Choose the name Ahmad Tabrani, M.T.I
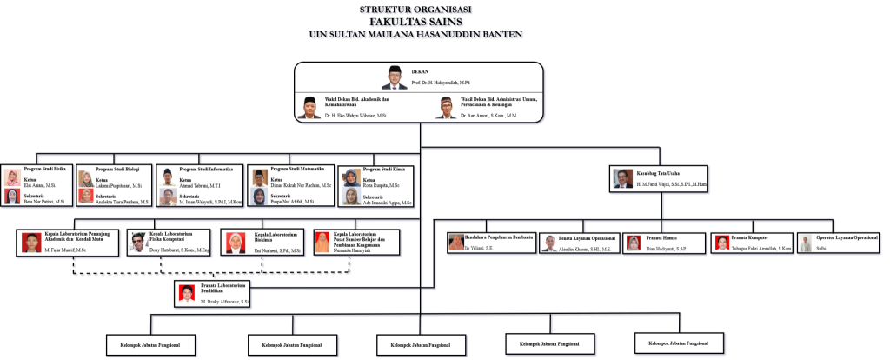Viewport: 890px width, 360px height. tap(200, 185)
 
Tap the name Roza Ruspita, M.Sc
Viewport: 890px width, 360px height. tap(382, 186)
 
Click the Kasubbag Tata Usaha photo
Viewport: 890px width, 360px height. tap(621, 178)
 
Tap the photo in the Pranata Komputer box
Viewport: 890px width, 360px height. tap(721, 243)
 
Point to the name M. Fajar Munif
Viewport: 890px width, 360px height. tap(65, 250)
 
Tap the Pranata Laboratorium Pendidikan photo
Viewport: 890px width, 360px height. tap(187, 293)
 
